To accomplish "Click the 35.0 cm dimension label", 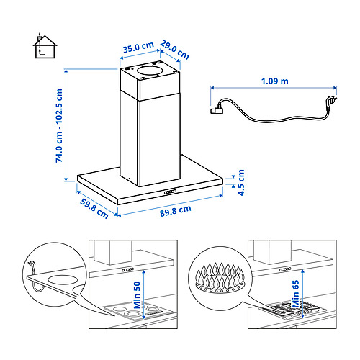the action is pyautogui.click(x=138, y=48).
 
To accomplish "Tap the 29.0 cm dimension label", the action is pyautogui.click(x=175, y=50).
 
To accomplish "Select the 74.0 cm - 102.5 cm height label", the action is pyautogui.click(x=59, y=126).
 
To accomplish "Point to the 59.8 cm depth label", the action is pyautogui.click(x=94, y=208).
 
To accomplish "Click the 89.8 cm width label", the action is pyautogui.click(x=176, y=211).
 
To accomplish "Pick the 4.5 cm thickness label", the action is pyautogui.click(x=240, y=182).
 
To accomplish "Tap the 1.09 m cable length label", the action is pyautogui.click(x=275, y=81).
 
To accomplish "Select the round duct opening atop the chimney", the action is pyautogui.click(x=150, y=71).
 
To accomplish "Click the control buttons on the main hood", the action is pyautogui.click(x=170, y=192).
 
